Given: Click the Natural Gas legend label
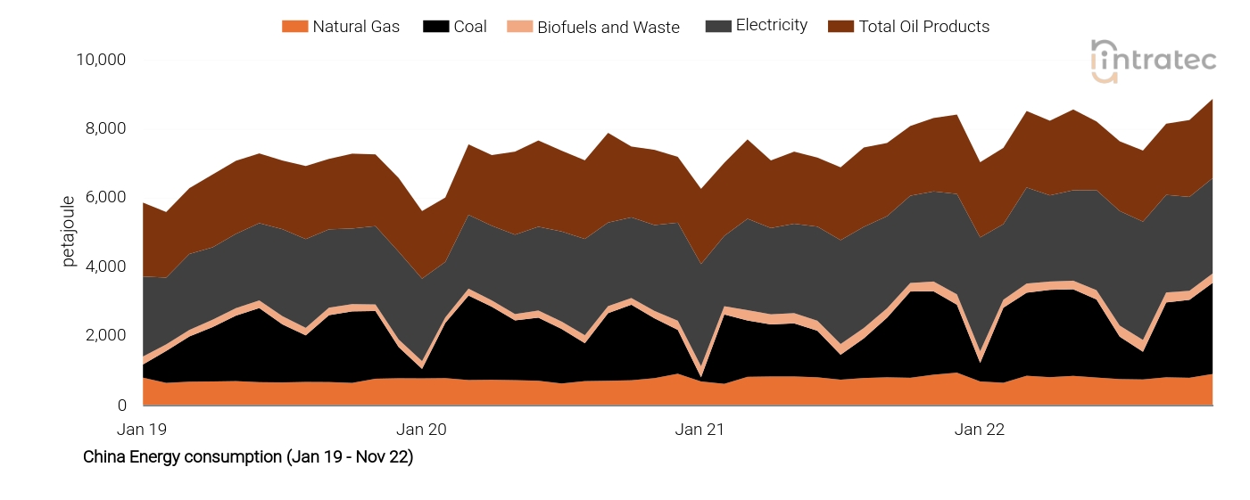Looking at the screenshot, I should (x=356, y=27).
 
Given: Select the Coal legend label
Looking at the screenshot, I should (x=470, y=27).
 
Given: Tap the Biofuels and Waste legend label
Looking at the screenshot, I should (x=608, y=28).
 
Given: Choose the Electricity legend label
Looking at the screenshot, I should (x=771, y=25).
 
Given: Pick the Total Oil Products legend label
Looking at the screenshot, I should (x=923, y=27).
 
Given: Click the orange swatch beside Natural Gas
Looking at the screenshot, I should (x=294, y=27).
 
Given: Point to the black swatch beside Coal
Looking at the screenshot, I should (x=435, y=27).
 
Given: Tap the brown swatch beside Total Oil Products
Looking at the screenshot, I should (x=841, y=27).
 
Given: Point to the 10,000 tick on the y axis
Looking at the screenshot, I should (x=101, y=60).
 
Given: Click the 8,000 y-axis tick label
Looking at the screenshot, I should (x=105, y=128).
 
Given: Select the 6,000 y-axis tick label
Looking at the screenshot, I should (x=105, y=198).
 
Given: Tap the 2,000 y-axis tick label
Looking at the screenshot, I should (x=105, y=336).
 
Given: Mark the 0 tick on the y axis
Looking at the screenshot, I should (x=121, y=406).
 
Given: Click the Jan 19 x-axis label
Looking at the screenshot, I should (x=143, y=430).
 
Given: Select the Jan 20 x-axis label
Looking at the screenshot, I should (x=421, y=430).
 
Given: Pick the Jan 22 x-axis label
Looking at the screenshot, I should (x=979, y=430).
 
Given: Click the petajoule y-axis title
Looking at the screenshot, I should (x=69, y=232).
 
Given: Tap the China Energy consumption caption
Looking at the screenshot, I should (x=248, y=457).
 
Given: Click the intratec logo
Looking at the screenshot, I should (x=1154, y=61).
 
